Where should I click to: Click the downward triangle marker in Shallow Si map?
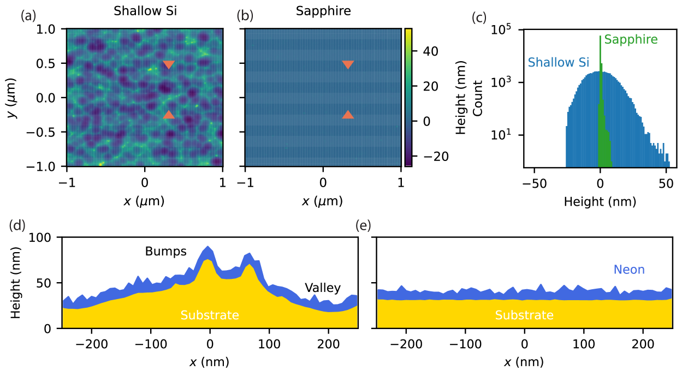coord(169,65)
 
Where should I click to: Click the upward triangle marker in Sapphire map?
coord(348,115)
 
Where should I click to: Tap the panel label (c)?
coord(479,16)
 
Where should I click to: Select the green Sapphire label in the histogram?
coord(631,40)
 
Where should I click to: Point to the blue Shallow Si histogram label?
coord(559,63)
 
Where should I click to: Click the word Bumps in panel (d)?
coord(166,252)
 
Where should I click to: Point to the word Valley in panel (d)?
coord(323,288)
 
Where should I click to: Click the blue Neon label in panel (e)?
coord(629,270)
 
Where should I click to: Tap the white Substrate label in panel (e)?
coord(524,315)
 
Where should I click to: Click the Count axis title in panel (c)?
coord(477,98)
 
